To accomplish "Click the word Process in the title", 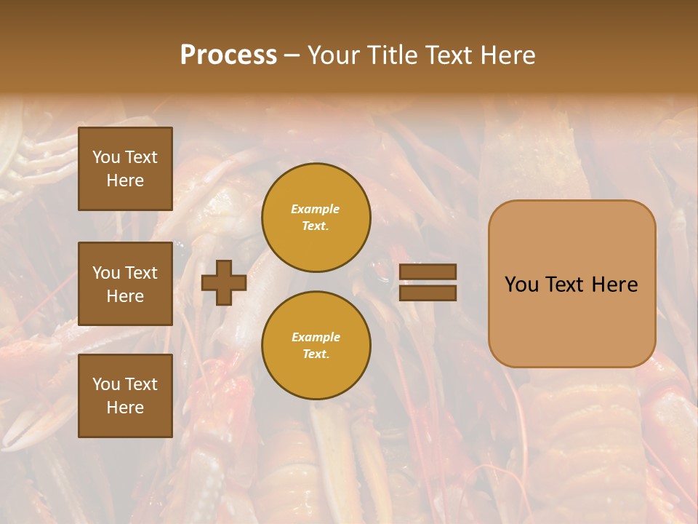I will pos(228,55).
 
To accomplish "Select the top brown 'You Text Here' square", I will pos(125,169).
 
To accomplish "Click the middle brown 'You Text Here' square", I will pos(125,284).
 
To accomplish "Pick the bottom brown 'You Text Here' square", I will pos(125,396).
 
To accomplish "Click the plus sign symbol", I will pos(223,283).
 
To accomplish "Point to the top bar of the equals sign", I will pos(428,272).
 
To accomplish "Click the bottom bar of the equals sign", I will pos(428,293).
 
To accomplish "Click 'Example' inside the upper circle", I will pos(315,209).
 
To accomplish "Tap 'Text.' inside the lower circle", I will pos(316,354).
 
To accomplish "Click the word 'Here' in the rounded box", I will pos(614,285).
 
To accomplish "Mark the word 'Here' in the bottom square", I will pos(125,408).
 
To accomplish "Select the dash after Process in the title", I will pos(292,55).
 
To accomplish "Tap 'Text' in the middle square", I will pos(141,273).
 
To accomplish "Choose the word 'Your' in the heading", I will pos(332,55).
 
